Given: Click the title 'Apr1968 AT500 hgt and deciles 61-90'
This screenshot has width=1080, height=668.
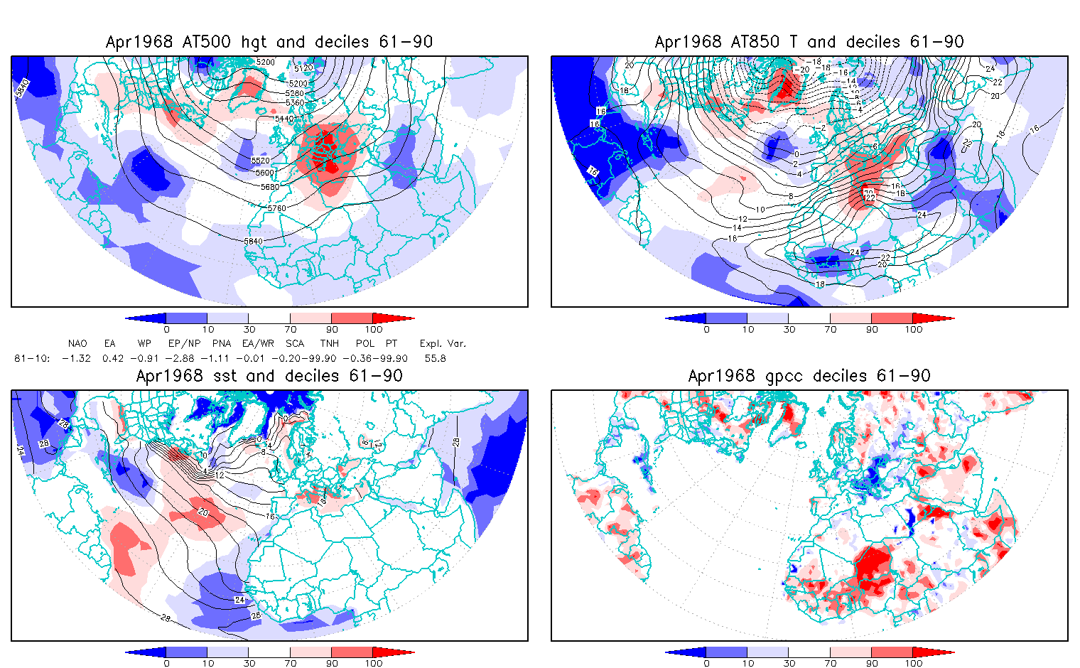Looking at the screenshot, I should pyautogui.click(x=269, y=42).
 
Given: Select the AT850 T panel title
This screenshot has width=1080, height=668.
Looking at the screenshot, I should pyautogui.click(x=809, y=42).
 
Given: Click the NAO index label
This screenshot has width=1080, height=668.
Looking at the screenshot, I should pyautogui.click(x=77, y=344).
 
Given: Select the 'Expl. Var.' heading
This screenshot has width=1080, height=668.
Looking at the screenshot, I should pyautogui.click(x=443, y=344).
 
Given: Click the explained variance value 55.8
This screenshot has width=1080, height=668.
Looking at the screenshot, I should pyautogui.click(x=435, y=358).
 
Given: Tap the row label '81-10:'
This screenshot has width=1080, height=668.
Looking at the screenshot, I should pyautogui.click(x=32, y=358).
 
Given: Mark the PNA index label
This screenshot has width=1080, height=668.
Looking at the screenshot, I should pyautogui.click(x=222, y=344).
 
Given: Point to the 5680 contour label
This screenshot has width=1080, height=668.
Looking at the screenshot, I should pyautogui.click(x=271, y=187).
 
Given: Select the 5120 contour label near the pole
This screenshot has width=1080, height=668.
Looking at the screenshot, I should pyautogui.click(x=303, y=68).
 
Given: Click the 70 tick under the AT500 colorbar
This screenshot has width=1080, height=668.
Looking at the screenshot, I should pyautogui.click(x=290, y=329).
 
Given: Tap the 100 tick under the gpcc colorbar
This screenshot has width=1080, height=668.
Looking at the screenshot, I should pyautogui.click(x=913, y=663).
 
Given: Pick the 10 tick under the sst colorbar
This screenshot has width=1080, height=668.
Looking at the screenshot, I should pyautogui.click(x=207, y=663).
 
